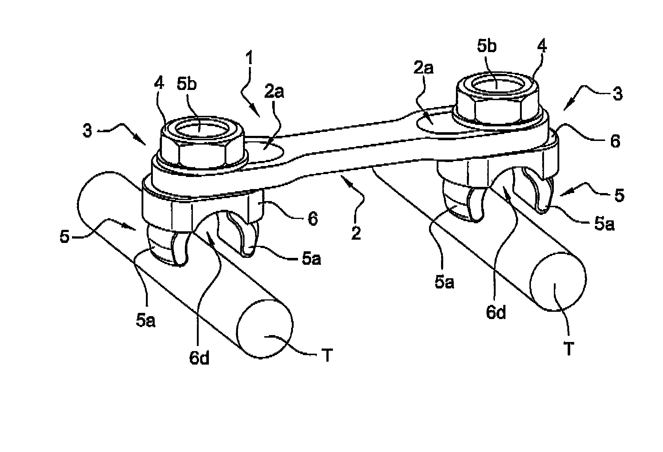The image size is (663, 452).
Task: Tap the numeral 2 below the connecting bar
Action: [356, 230]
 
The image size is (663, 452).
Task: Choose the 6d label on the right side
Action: [496, 313]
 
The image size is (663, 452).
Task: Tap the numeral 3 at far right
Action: [617, 94]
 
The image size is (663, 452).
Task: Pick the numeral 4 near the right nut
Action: [541, 49]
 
